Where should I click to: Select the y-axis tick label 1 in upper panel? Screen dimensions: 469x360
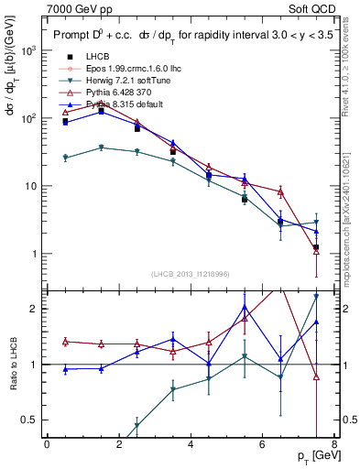pyautogui.click(x=34, y=254)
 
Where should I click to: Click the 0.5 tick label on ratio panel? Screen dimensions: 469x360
pyautogui.click(x=28, y=420)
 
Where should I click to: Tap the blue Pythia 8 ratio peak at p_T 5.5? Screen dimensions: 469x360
pyautogui.click(x=244, y=307)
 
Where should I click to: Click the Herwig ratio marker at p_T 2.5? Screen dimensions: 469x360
pyautogui.click(x=136, y=426)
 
